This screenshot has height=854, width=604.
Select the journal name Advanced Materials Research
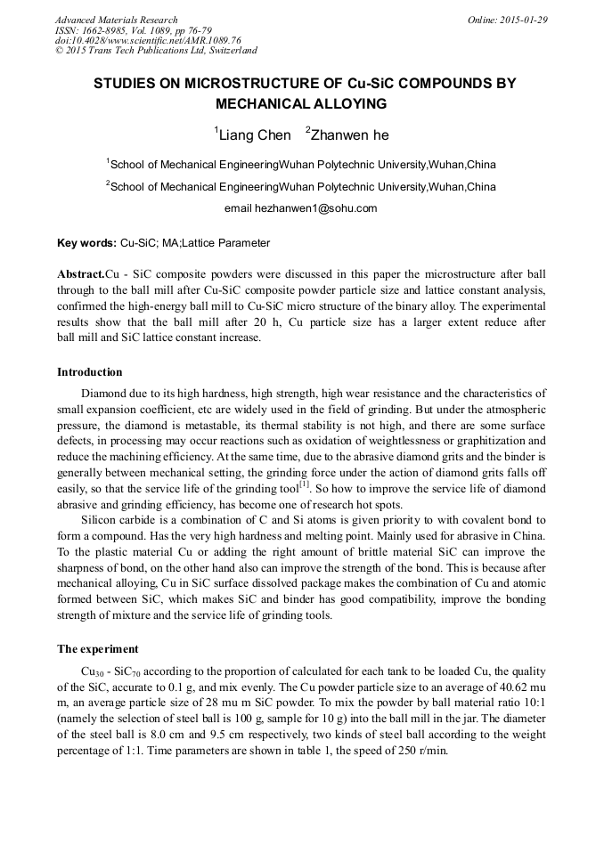point(116,20)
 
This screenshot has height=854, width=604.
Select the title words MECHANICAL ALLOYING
point(301,103)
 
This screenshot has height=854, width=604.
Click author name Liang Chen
point(254,135)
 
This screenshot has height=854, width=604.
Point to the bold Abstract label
point(80,274)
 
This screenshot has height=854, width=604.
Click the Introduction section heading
point(90,371)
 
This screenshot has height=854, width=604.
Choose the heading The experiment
point(97,649)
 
